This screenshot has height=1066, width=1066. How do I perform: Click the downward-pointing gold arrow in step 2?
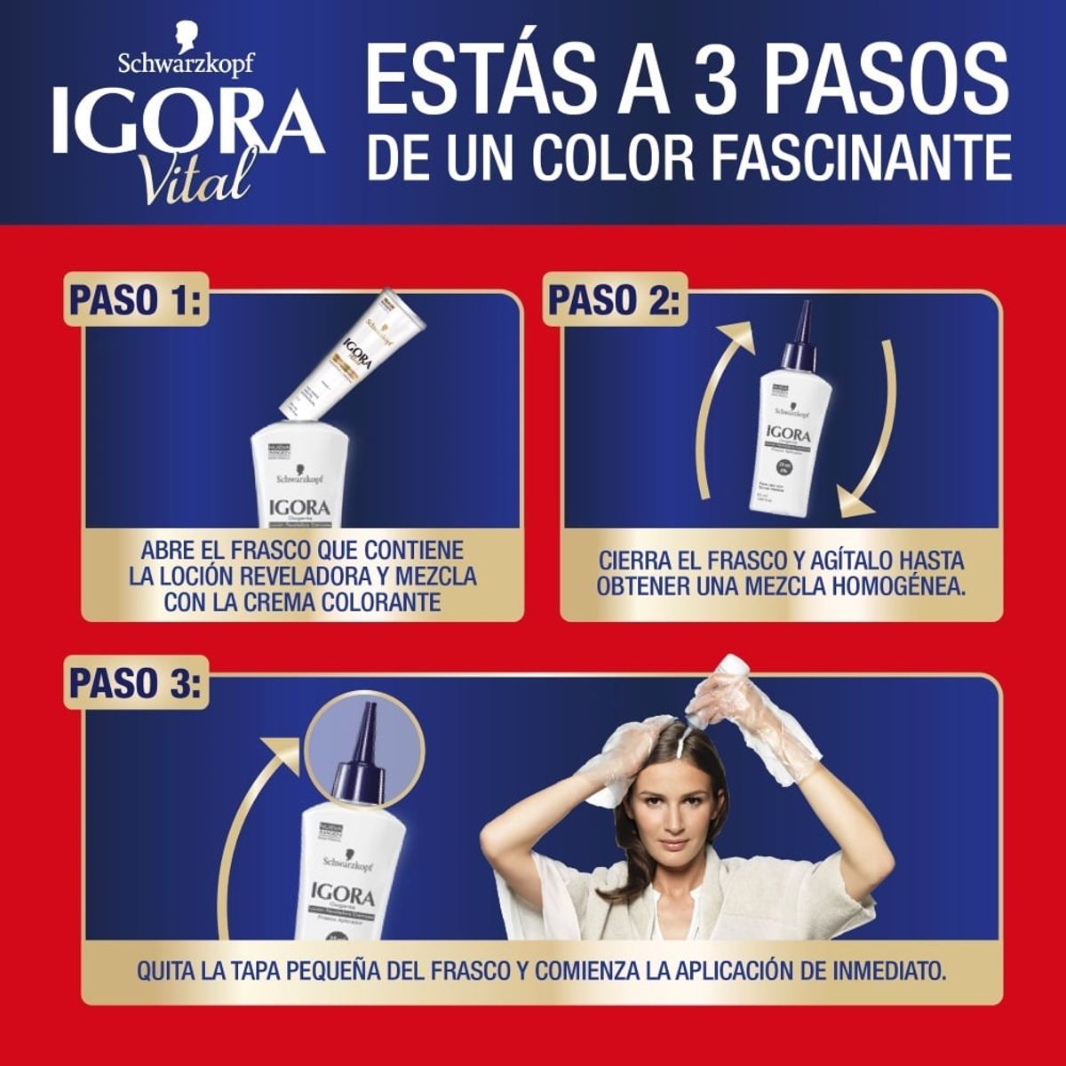click(x=866, y=426)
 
